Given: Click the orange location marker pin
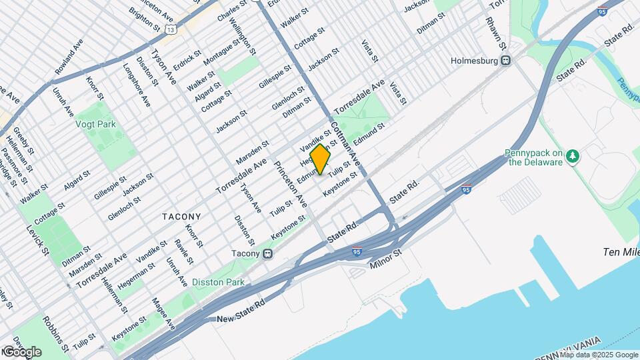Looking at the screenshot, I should [320, 159].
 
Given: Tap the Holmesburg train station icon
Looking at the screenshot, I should [506, 60].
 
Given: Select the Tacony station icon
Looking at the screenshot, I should [267, 253].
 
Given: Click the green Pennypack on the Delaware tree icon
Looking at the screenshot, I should [572, 156].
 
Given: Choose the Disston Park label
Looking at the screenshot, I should [218, 282].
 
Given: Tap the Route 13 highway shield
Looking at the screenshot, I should [171, 29].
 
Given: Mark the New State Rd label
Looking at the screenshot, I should [241, 320].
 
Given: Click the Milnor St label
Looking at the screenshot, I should [386, 259].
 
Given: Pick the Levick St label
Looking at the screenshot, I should [38, 239].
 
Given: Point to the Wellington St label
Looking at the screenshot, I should [243, 37].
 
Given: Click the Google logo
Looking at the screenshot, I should [21, 351].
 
